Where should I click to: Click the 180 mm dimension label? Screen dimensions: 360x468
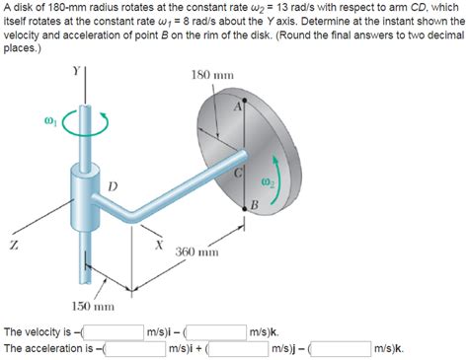(x=212, y=76)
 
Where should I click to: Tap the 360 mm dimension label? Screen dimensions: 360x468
(x=196, y=252)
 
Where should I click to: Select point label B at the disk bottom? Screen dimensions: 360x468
(x=254, y=204)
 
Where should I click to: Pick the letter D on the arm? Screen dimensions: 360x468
(x=112, y=185)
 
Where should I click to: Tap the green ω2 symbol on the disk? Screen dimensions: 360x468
(x=268, y=180)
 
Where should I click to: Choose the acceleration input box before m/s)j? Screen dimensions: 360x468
(x=237, y=348)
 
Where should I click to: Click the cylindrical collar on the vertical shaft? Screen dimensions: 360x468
(x=82, y=186)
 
